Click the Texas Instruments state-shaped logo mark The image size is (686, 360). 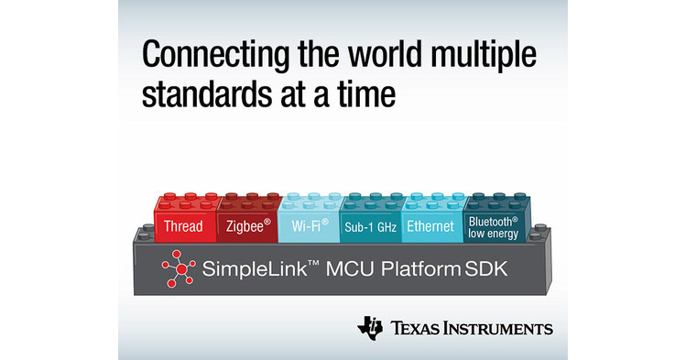click(x=371, y=328)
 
